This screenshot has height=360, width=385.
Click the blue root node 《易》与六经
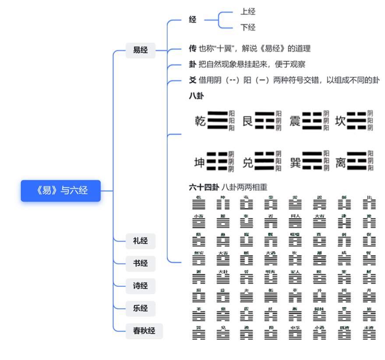61,191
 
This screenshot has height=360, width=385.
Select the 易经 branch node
141,50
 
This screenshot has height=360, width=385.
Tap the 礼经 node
141,241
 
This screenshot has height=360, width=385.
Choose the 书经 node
141,264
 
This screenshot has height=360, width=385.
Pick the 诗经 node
141,286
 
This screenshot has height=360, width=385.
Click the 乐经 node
141,308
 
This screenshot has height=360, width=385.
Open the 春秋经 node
144,331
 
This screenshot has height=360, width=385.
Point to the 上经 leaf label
248,12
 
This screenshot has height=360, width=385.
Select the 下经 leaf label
248,28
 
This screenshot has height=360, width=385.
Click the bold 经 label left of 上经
193,20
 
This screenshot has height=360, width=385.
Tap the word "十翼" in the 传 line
227,49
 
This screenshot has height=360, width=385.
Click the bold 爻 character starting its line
192,80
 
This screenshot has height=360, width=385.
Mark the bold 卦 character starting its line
192,64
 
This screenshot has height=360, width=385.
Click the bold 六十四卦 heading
204,187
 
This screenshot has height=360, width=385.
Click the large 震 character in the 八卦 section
295,121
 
